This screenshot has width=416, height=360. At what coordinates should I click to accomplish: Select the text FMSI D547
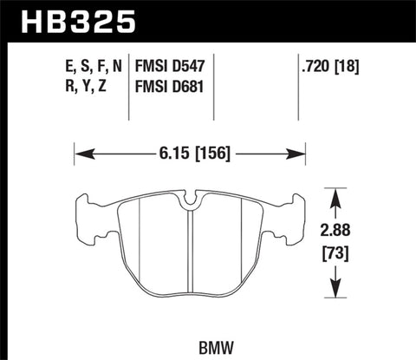pyautogui.click(x=173, y=66)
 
